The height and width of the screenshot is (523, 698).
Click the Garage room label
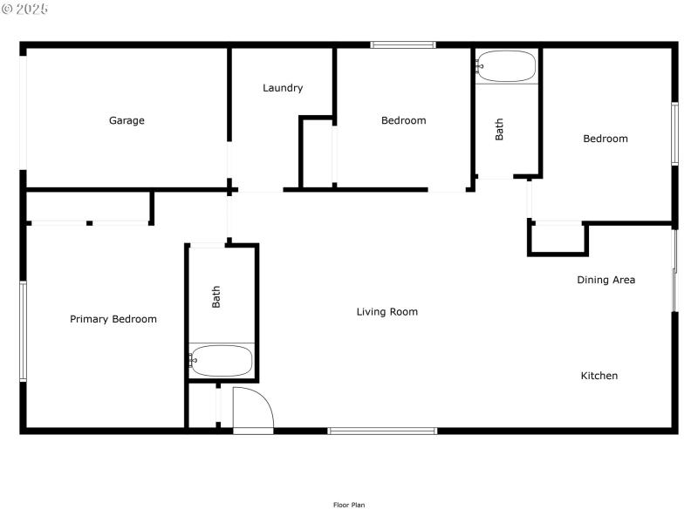[x=127, y=120]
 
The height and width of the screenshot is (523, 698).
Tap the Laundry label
[x=283, y=88]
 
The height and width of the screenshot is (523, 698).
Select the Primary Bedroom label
[x=113, y=319]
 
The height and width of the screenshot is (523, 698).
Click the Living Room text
[x=387, y=311]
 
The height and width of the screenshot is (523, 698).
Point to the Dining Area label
[x=606, y=280]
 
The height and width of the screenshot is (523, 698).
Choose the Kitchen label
[x=599, y=376]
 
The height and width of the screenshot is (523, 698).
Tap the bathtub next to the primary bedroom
[x=222, y=360]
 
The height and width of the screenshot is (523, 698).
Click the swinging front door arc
[x=253, y=410]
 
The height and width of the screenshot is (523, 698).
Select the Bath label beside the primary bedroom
[x=216, y=296]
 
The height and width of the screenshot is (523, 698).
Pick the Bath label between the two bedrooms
[x=500, y=130]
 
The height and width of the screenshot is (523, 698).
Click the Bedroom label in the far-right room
[x=605, y=139]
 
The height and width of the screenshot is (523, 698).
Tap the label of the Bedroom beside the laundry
[x=403, y=120]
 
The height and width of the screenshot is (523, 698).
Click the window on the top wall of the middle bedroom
[x=403, y=44]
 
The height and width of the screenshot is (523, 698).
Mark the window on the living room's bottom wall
[x=382, y=431]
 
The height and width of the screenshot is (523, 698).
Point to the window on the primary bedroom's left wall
[x=24, y=331]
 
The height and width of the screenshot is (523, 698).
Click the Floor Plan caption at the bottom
[x=348, y=505]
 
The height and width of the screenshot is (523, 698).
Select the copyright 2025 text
[x=25, y=9]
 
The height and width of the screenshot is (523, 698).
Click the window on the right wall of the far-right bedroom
[x=674, y=133]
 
